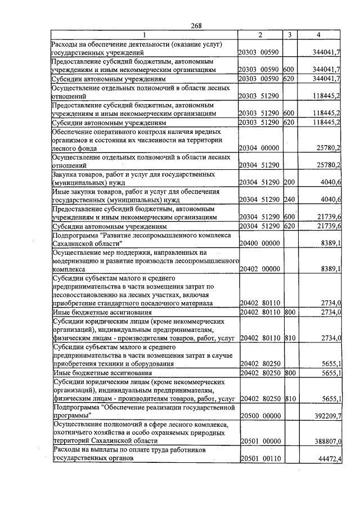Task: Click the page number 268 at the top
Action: [196, 25]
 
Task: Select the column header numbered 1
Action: [144, 35]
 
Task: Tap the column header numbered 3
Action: [289, 35]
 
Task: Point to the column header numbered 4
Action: [319, 35]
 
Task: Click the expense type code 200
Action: [289, 182]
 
